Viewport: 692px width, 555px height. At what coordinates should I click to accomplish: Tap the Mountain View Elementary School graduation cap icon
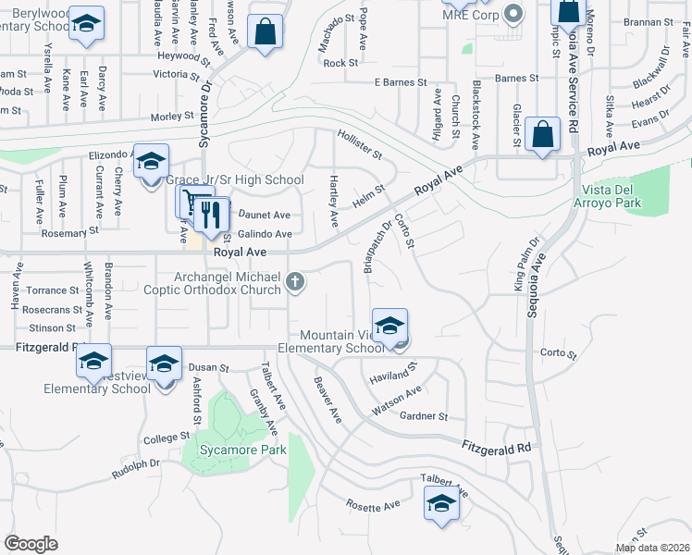(389, 326)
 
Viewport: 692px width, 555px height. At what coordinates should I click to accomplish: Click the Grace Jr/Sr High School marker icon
(150, 162)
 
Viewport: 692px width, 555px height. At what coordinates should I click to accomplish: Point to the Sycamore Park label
(235, 450)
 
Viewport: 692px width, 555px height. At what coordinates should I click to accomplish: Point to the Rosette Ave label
(373, 505)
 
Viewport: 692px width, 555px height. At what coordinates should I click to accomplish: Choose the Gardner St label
(424, 416)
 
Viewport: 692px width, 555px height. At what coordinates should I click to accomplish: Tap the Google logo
(30, 544)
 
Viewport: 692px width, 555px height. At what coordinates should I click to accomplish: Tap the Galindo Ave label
(265, 234)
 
